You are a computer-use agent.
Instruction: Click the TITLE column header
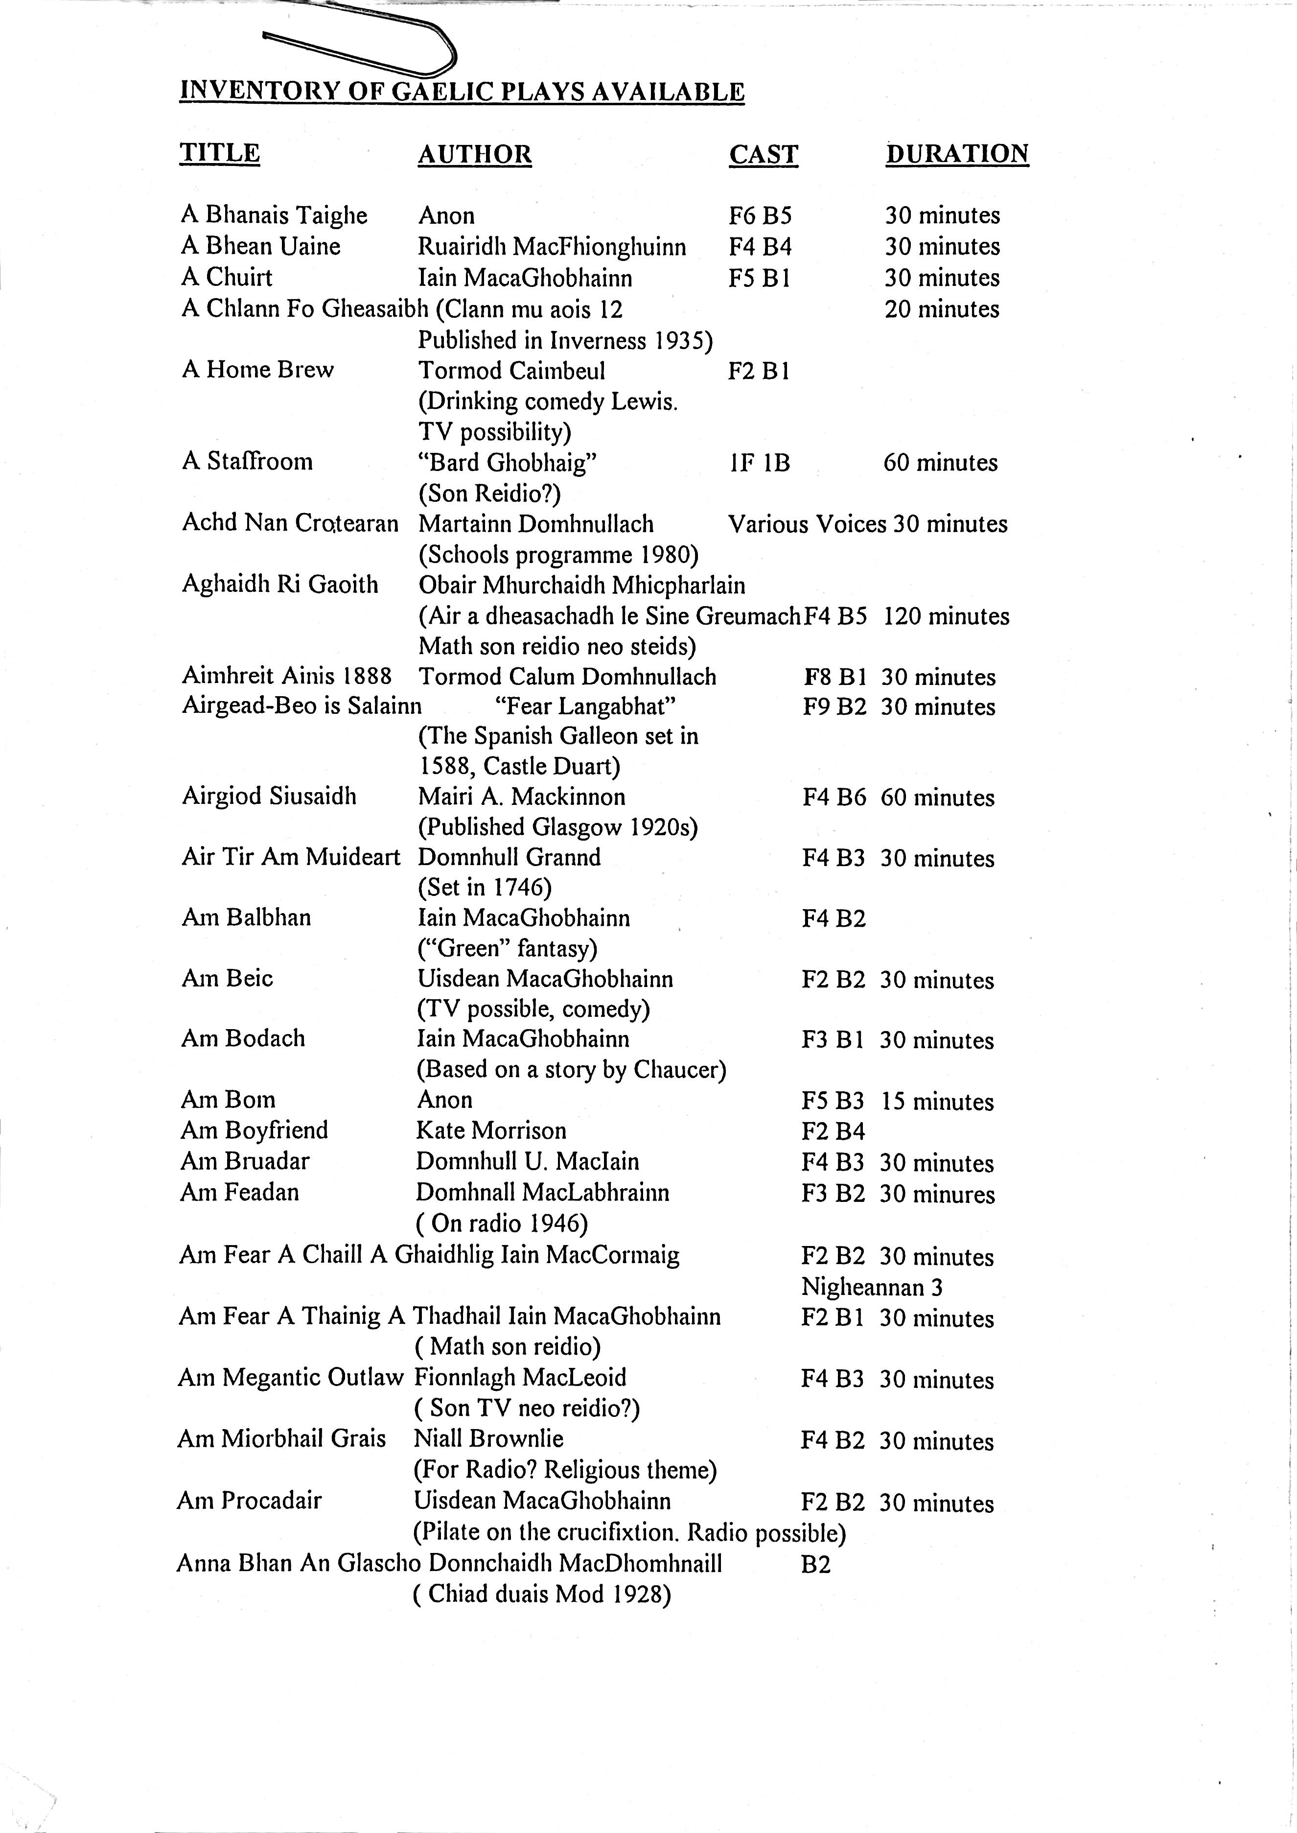pos(220,153)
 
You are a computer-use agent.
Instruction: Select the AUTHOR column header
pos(474,154)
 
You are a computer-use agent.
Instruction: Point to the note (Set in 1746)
pos(485,887)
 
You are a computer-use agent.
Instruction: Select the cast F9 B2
pos(834,707)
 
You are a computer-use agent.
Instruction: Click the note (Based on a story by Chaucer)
pos(571,1069)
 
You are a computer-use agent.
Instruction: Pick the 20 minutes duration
pos(942,309)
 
